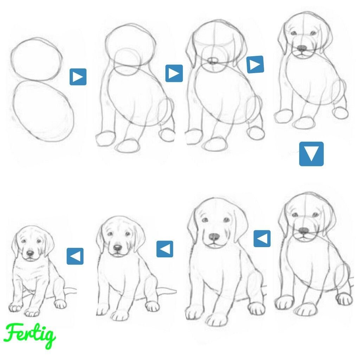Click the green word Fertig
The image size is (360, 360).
coord(30,335)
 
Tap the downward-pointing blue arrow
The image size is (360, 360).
coord(311,154)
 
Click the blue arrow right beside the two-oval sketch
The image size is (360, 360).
coord(78,77)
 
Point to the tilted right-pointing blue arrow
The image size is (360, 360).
coord(255,65)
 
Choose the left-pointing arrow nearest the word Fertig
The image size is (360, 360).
coord(75,256)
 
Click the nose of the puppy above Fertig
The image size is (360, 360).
coord(30,253)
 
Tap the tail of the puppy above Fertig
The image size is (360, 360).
coord(69,291)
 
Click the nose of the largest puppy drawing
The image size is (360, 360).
coord(214,237)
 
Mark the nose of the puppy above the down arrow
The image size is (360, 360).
coord(302,48)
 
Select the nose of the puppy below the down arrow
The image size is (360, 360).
coord(304,231)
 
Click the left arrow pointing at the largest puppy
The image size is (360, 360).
coord(262,239)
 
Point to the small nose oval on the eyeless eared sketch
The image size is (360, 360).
coord(213,60)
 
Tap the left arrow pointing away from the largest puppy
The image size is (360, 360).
coord(165,249)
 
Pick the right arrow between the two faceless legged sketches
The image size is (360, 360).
coord(174,73)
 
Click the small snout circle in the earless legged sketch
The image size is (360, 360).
coord(127,62)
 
